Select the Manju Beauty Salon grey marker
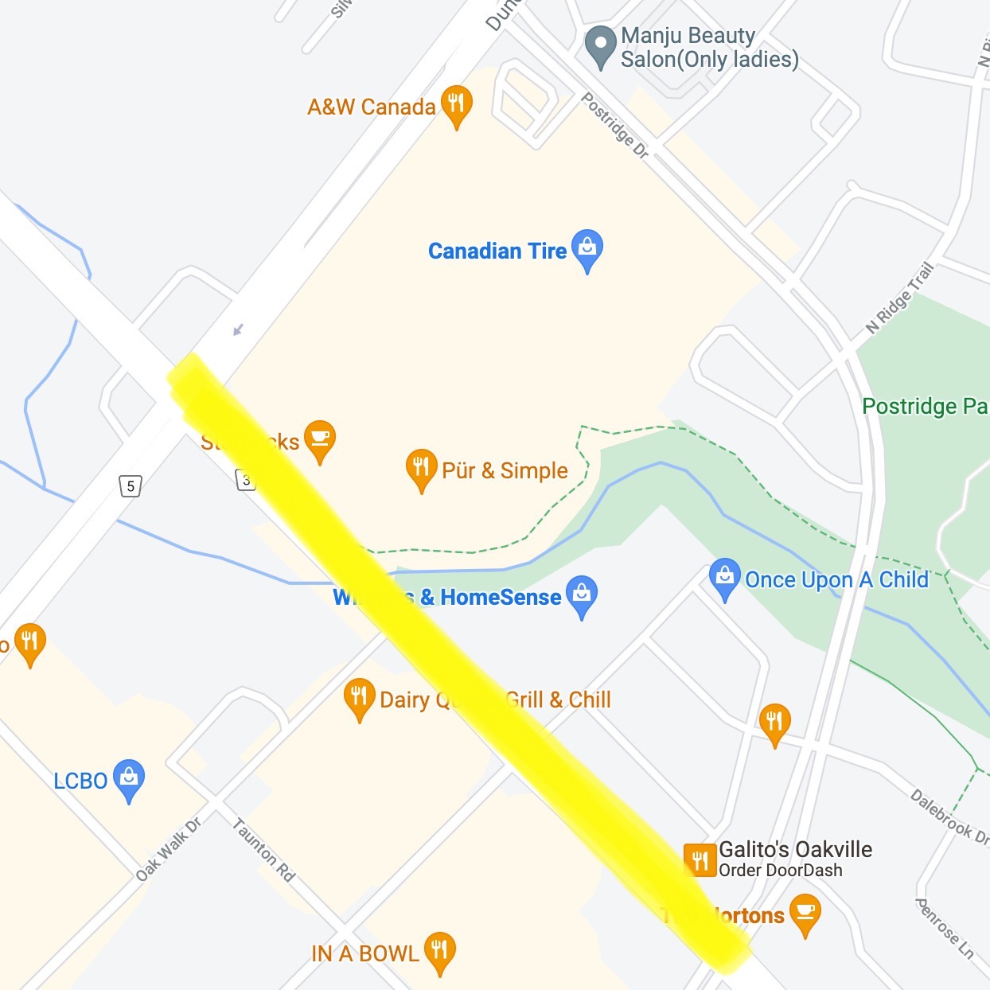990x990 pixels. click(600, 46)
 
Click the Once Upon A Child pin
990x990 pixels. click(724, 578)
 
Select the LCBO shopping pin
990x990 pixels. click(129, 779)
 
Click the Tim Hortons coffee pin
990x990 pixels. click(805, 914)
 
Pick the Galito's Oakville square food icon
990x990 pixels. click(700, 860)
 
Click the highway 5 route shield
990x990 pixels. click(131, 485)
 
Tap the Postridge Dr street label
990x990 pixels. click(615, 125)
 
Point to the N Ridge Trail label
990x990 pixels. click(899, 298)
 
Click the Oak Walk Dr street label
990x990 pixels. click(168, 849)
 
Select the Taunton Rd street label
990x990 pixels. click(263, 851)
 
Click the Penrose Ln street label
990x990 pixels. click(944, 928)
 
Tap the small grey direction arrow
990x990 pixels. click(237, 329)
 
